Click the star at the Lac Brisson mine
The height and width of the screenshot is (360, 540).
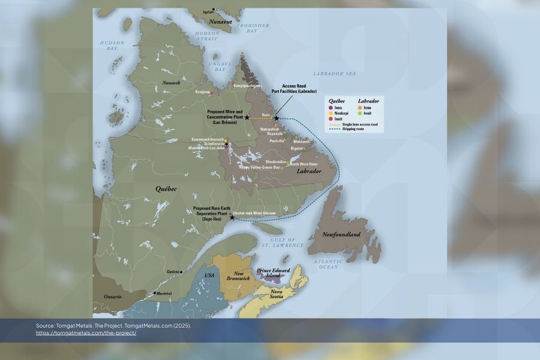point(247,118)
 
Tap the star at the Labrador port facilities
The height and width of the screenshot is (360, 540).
point(276,118)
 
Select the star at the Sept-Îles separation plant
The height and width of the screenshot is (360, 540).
point(232,218)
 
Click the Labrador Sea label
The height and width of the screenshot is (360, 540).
point(340,73)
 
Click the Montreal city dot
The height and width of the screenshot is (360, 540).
point(154,293)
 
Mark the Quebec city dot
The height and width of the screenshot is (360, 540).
point(181,271)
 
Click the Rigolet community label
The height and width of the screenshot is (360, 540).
point(296,148)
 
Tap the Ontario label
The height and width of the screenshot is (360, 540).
point(112,296)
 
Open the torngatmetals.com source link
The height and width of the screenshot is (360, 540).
point(86,333)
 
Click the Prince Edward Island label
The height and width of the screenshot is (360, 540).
point(273,273)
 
